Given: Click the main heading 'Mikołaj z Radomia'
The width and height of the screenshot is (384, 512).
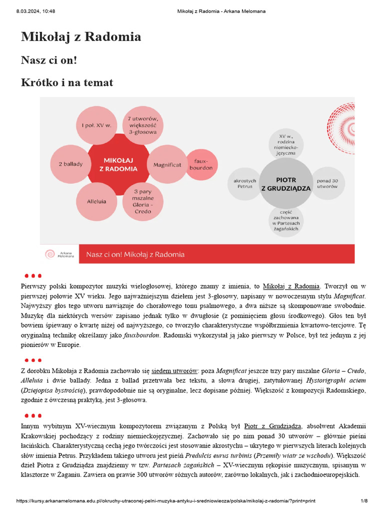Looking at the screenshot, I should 81,36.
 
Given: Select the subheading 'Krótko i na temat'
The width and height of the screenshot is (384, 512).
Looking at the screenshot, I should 67,82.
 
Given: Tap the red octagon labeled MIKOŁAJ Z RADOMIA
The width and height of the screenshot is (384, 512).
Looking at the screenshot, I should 120,164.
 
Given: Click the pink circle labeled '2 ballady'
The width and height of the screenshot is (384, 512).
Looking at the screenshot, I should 70,164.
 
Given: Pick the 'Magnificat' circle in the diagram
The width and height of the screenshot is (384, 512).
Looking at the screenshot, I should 167,164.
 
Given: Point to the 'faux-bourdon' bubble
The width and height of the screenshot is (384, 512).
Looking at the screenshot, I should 200,164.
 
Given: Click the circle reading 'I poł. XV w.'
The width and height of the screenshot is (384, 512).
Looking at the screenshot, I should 96,125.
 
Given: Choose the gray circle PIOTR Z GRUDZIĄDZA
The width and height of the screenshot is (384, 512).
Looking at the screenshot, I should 286,183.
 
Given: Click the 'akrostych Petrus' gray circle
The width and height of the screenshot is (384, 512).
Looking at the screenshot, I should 245,183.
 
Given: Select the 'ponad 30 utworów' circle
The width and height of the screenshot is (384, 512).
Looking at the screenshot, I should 327,183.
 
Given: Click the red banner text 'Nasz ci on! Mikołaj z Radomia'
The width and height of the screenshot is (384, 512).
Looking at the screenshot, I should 135,254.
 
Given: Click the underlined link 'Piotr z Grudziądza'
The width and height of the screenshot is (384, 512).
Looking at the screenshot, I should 272,426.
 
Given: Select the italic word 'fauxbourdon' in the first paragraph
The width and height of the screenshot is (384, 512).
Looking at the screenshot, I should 137,335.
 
